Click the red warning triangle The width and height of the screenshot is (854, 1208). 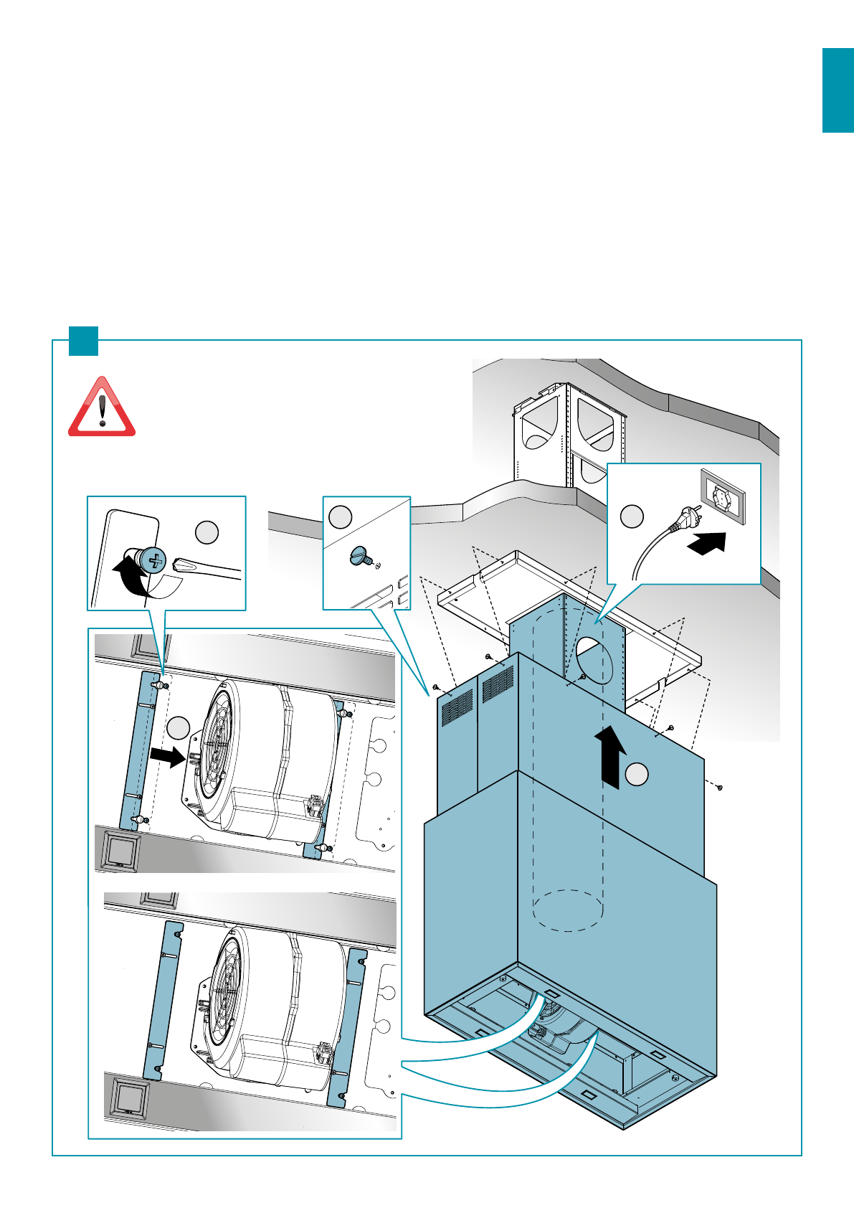coord(102,409)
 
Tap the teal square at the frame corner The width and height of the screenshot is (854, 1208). coord(83,341)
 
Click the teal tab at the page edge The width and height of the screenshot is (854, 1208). coord(838,90)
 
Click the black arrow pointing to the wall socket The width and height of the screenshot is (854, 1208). coord(707,542)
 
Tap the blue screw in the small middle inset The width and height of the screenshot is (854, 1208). coord(360,555)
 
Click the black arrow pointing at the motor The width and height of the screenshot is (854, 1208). coord(168,756)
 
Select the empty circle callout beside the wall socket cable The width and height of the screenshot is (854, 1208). coord(632,516)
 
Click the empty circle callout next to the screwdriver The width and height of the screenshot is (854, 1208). coord(207,532)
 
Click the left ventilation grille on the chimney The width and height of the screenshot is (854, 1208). coord(457,707)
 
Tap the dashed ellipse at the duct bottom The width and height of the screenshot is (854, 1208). coord(569,910)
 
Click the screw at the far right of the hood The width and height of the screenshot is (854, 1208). coord(719,788)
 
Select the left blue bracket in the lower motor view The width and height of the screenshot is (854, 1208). coord(163,1001)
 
